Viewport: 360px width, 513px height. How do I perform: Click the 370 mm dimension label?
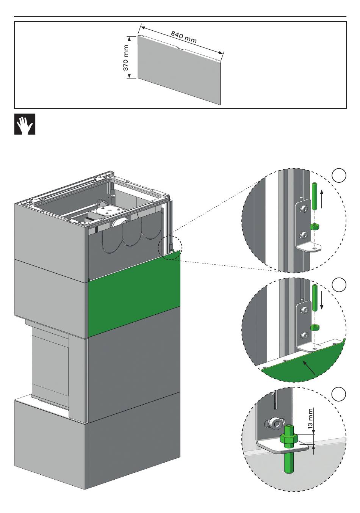pyautogui.click(x=126, y=58)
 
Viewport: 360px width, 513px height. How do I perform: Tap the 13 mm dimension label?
pyautogui.click(x=311, y=418)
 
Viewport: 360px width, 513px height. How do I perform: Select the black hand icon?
pyautogui.click(x=25, y=124)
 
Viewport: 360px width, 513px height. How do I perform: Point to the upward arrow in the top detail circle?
pyautogui.click(x=322, y=200)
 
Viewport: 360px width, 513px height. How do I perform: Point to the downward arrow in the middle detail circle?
pyautogui.click(x=322, y=301)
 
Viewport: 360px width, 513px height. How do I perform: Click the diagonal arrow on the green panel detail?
pyautogui.click(x=308, y=367)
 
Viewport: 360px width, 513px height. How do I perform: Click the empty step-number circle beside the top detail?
pyautogui.click(x=339, y=176)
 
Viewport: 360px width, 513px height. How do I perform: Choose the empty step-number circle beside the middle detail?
pyautogui.click(x=339, y=285)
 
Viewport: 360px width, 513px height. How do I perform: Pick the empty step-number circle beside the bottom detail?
pyautogui.click(x=339, y=394)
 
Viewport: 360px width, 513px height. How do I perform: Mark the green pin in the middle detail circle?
pyautogui.click(x=314, y=297)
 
